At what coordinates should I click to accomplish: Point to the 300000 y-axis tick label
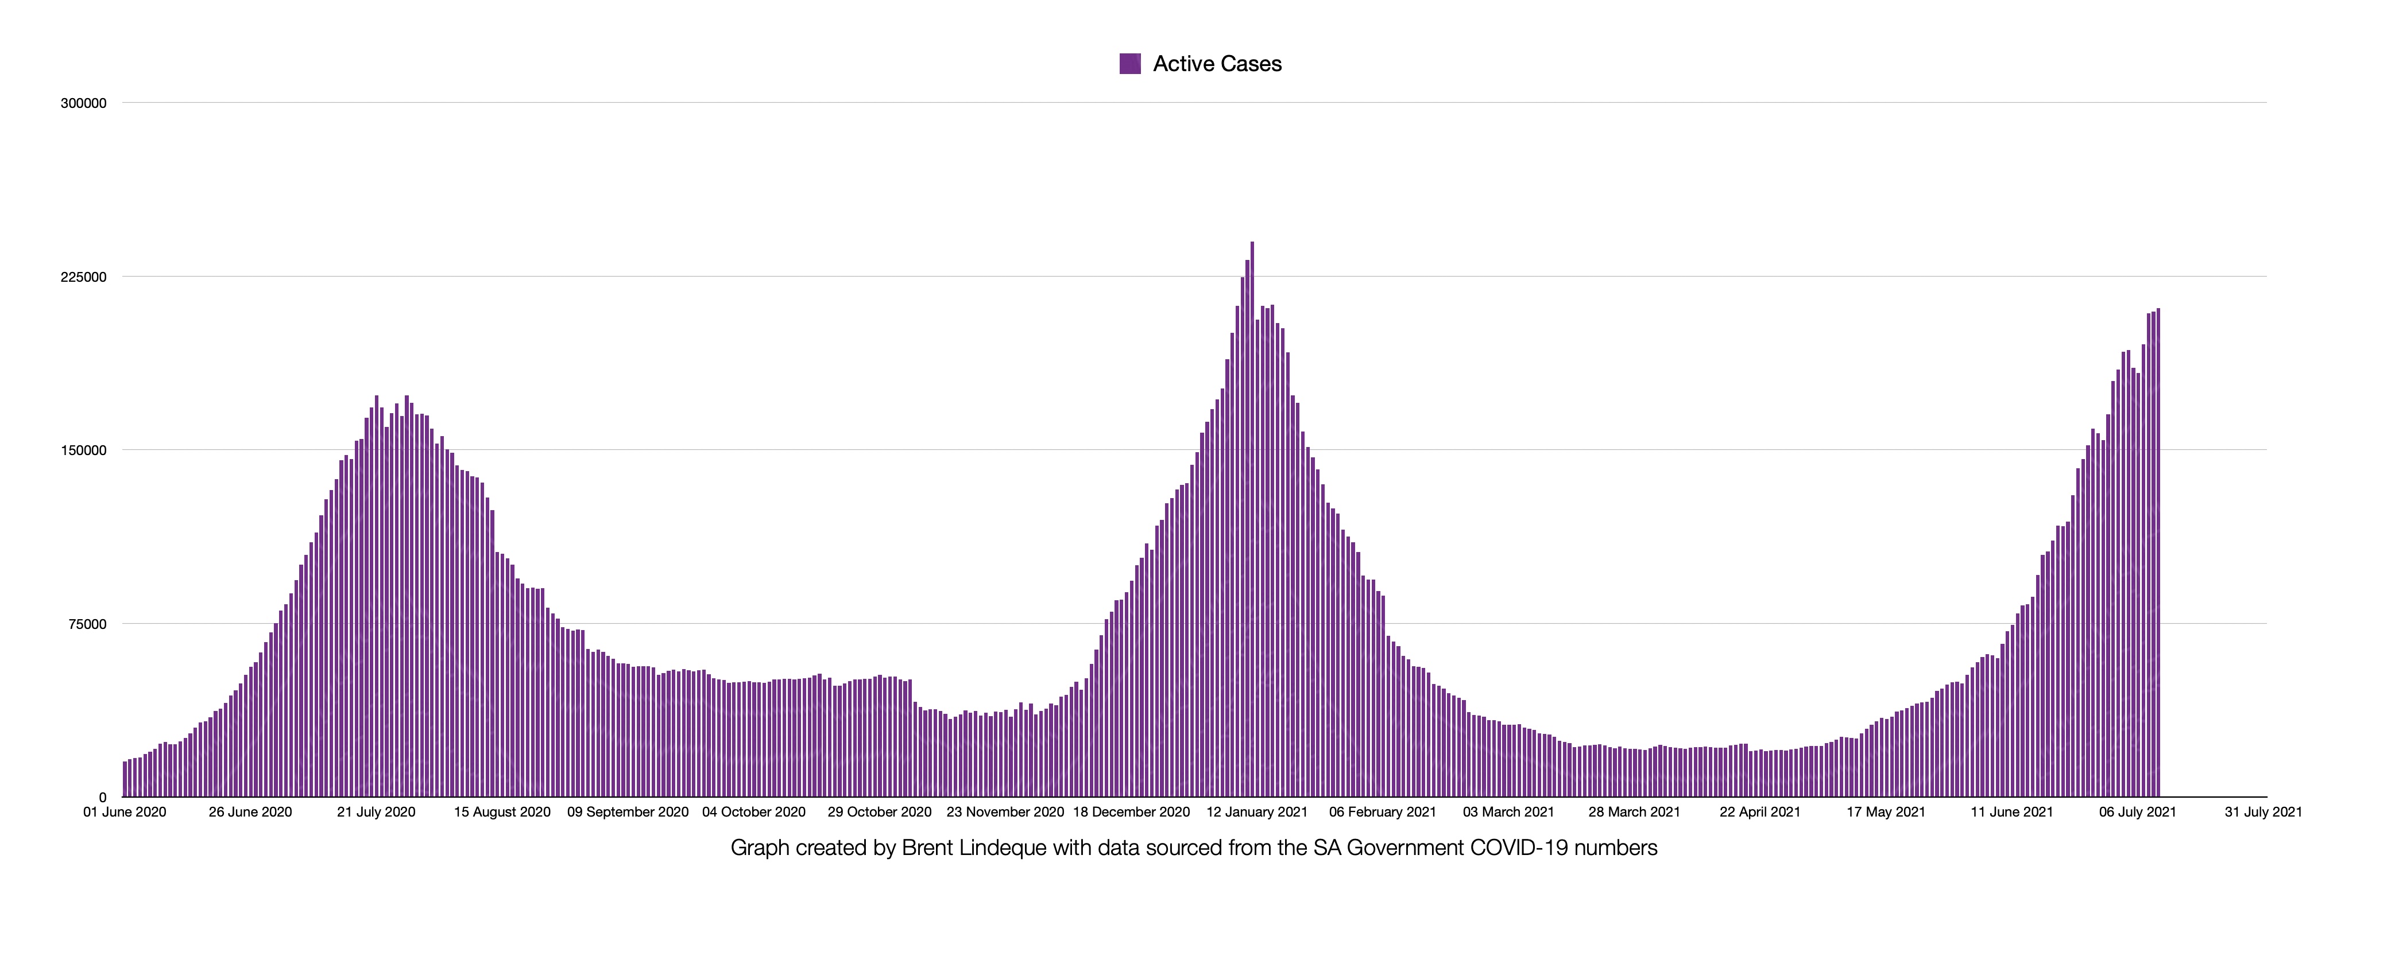pyautogui.click(x=84, y=103)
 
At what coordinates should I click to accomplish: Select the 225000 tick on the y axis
pyautogui.click(x=84, y=277)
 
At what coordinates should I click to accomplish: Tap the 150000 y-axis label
pyautogui.click(x=84, y=450)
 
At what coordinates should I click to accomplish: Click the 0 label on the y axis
pyautogui.click(x=102, y=798)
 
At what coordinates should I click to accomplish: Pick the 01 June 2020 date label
pyautogui.click(x=125, y=812)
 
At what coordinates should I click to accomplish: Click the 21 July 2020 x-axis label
pyautogui.click(x=376, y=812)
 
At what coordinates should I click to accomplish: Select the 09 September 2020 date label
pyautogui.click(x=628, y=812)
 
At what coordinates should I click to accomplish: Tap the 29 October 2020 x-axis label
pyautogui.click(x=879, y=812)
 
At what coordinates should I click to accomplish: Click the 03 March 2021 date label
pyautogui.click(x=1508, y=812)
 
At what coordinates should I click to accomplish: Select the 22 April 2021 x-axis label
pyautogui.click(x=1759, y=812)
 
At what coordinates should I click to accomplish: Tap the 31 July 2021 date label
pyautogui.click(x=2263, y=812)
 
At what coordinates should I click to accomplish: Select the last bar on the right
pyautogui.click(x=2158, y=558)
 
